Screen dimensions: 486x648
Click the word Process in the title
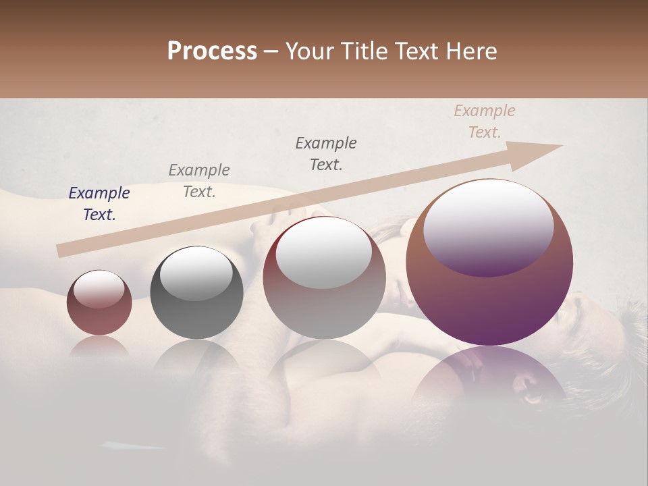click(212, 51)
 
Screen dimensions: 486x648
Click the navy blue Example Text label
click(99, 204)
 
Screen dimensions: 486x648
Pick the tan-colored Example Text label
click(484, 122)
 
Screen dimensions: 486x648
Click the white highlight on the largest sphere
click(488, 226)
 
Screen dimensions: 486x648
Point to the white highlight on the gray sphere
click(196, 273)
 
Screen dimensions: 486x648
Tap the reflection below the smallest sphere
click(99, 346)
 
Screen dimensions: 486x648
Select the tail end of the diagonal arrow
click(62, 250)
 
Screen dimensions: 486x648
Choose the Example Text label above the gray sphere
click(198, 181)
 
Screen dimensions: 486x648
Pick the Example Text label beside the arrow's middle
click(326, 154)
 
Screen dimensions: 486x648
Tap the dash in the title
click(271, 51)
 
